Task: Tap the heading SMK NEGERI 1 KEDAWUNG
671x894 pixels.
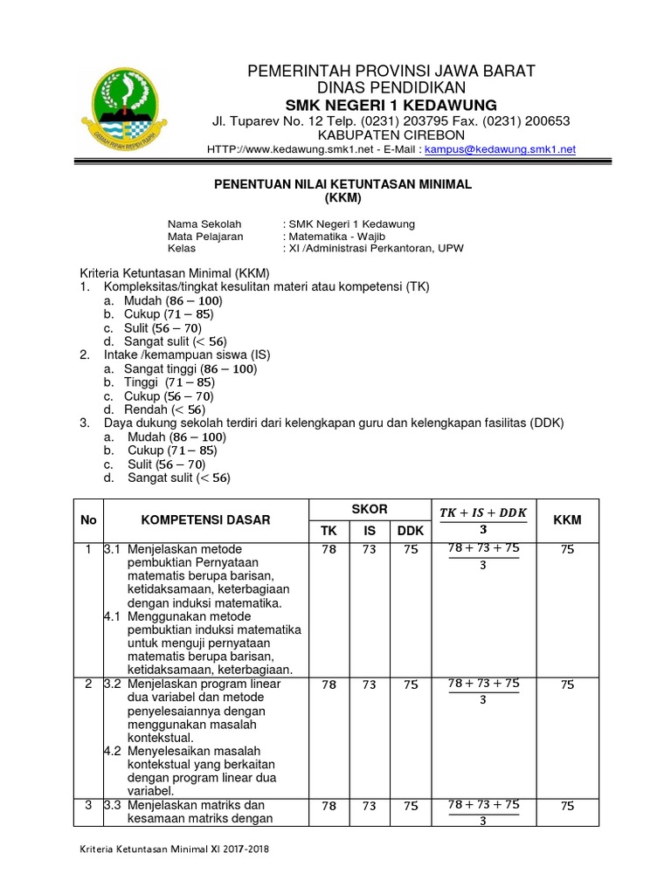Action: click(x=392, y=106)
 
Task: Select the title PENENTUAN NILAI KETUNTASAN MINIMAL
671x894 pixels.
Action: click(x=343, y=185)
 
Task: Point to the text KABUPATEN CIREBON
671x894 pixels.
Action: click(x=392, y=135)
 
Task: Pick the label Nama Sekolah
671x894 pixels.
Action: click(x=204, y=224)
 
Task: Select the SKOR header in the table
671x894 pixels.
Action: click(x=370, y=509)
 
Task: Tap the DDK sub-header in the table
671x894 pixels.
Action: click(x=410, y=531)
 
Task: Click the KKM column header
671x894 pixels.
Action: click(x=567, y=519)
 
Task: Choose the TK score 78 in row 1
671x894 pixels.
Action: click(x=329, y=549)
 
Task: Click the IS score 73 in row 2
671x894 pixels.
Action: click(x=370, y=685)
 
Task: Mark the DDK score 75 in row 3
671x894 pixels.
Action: click(x=410, y=807)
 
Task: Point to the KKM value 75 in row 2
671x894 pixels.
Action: click(x=567, y=685)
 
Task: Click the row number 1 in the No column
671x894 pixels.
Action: click(x=88, y=549)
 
